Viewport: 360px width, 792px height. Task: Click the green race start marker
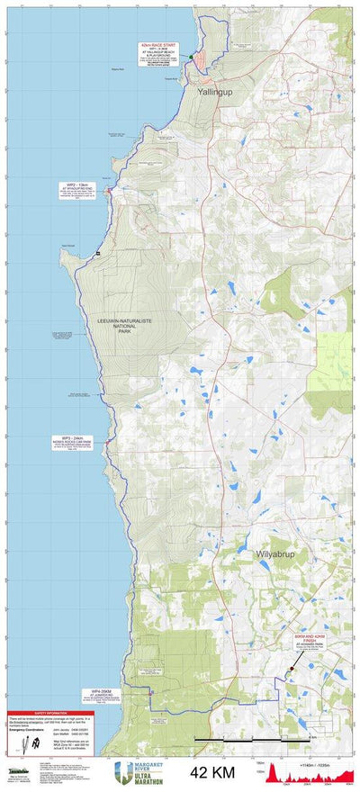pos(191,57)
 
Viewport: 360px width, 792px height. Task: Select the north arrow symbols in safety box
pos(28,743)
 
